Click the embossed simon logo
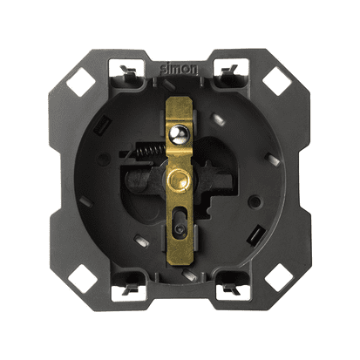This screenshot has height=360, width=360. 179,69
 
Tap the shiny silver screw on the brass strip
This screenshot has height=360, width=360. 180,134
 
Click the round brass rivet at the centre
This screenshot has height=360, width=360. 180,180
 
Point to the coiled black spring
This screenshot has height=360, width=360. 150,151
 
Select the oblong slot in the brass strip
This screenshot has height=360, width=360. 180,222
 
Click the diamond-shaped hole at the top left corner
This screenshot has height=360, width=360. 81,82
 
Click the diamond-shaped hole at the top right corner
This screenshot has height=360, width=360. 277,81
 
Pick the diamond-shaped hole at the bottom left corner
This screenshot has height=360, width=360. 83,279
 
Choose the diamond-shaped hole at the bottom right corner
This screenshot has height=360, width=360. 279,277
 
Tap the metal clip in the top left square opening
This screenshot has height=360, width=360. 128,71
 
